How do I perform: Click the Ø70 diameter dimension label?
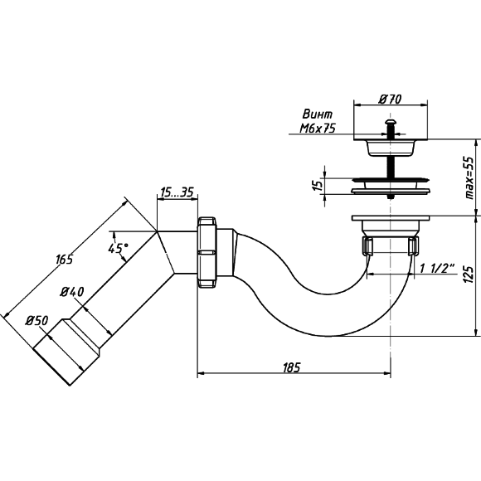pyautogui.click(x=390, y=99)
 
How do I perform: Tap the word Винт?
pyautogui.click(x=317, y=114)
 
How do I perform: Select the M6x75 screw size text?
pyautogui.click(x=318, y=128)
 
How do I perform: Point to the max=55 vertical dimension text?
pyautogui.click(x=469, y=178)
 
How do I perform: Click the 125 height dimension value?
pyautogui.click(x=469, y=274)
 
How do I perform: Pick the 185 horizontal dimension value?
pyautogui.click(x=291, y=367)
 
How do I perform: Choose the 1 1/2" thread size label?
pyautogui.click(x=437, y=269)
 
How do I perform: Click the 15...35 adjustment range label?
pyautogui.click(x=177, y=192)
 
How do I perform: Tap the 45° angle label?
pyautogui.click(x=118, y=248)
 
